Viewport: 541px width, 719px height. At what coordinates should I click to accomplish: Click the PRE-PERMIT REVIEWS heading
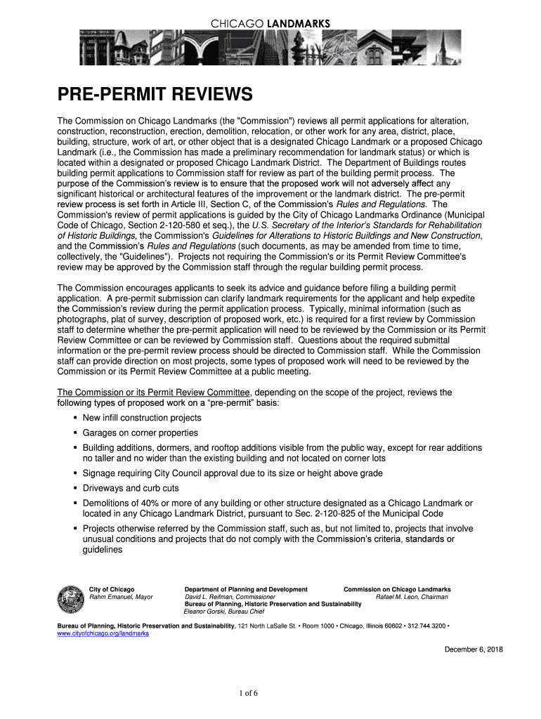coord(155,93)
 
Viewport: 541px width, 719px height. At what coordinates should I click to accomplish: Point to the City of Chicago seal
coord(70,599)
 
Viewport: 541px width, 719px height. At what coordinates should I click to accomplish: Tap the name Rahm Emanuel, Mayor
coord(121,598)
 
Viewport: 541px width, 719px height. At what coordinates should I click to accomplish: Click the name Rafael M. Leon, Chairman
coord(412,598)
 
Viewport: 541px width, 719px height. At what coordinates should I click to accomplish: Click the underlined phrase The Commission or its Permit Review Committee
coord(154,393)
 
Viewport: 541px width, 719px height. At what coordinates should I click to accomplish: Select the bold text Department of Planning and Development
coord(246,590)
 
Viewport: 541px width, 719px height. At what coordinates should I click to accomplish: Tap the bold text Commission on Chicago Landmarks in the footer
coord(397,590)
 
